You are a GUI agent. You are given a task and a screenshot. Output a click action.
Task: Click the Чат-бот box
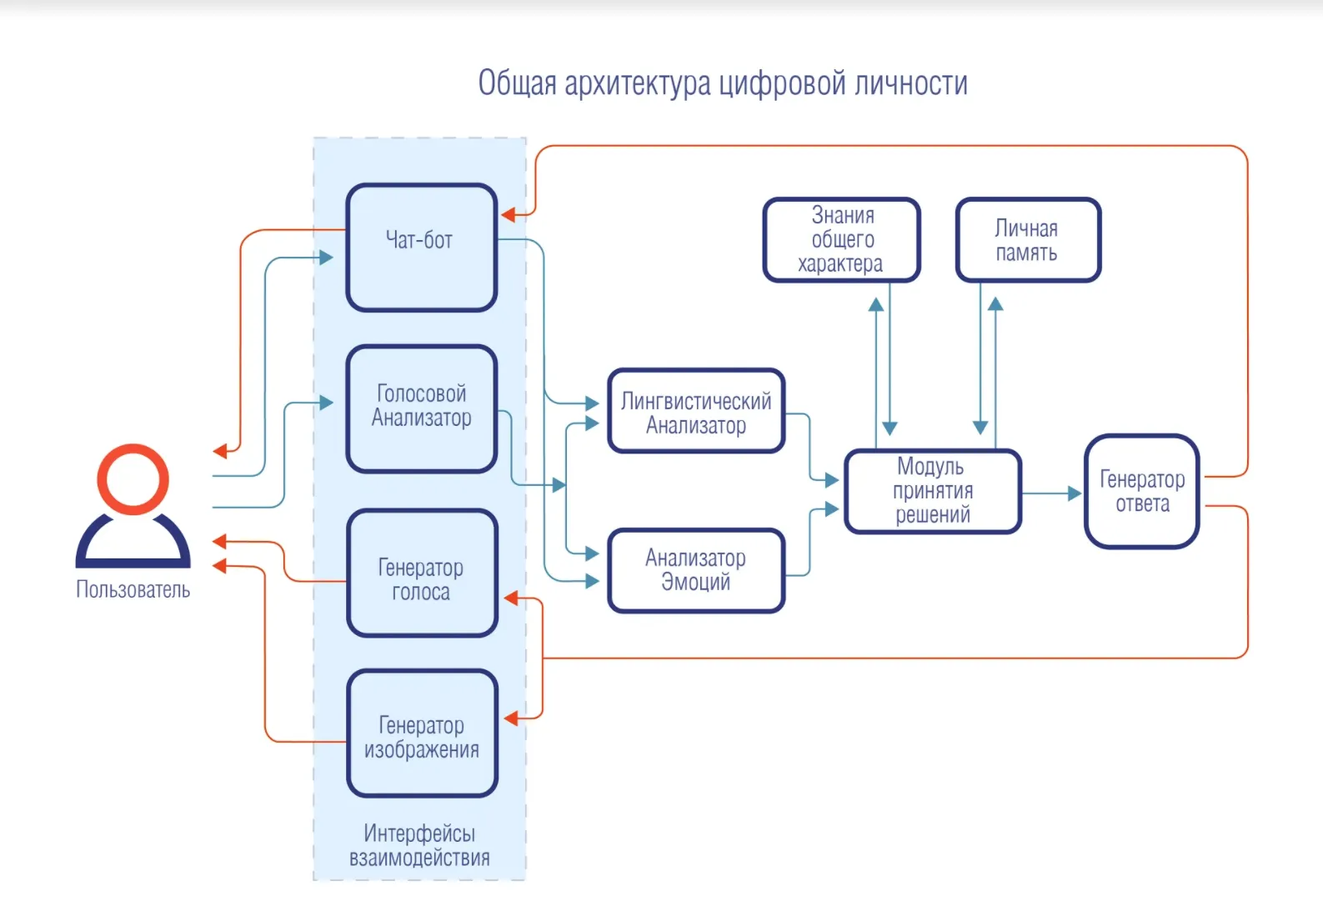point(421,248)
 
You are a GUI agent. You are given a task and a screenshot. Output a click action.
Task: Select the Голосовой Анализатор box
point(421,408)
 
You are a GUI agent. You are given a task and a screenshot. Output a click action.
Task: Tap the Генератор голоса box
point(421,573)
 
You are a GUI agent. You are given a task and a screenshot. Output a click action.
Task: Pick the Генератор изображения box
point(421,733)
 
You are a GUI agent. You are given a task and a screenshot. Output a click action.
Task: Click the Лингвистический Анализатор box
point(696,411)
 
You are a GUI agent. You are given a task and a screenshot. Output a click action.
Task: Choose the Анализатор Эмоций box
point(696,571)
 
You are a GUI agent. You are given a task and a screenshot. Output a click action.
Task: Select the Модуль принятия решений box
point(933,491)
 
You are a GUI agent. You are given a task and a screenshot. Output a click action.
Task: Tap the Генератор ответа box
point(1141,491)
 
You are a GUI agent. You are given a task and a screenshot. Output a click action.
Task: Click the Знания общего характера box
point(842,240)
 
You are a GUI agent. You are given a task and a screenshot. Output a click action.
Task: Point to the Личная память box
point(1027,240)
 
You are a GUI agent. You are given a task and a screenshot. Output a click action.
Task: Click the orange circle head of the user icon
point(133,478)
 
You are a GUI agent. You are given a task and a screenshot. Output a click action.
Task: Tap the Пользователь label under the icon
point(133,590)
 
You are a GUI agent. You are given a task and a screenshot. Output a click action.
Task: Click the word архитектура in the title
point(637,84)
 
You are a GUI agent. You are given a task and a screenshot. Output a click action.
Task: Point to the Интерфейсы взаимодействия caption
point(419,845)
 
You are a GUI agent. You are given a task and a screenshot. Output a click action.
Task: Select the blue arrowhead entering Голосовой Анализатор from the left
point(326,403)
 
